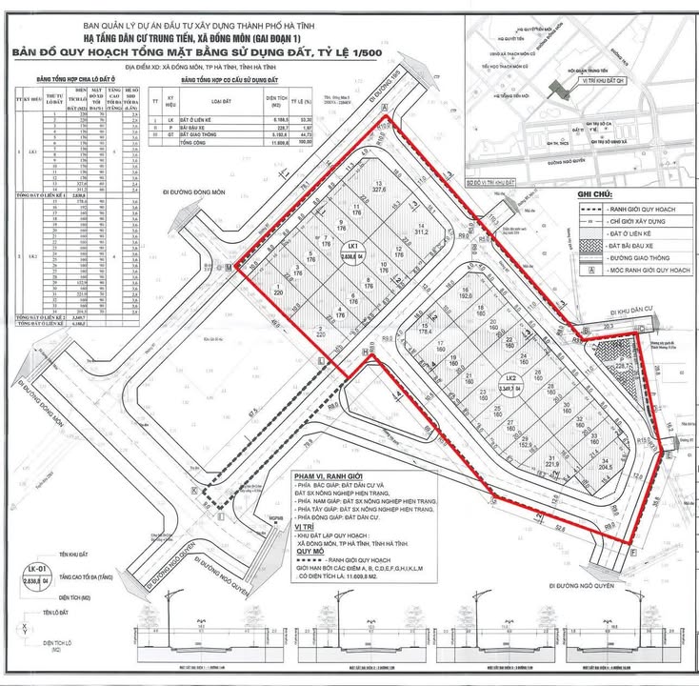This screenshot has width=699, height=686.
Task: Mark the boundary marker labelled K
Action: [195, 490]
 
